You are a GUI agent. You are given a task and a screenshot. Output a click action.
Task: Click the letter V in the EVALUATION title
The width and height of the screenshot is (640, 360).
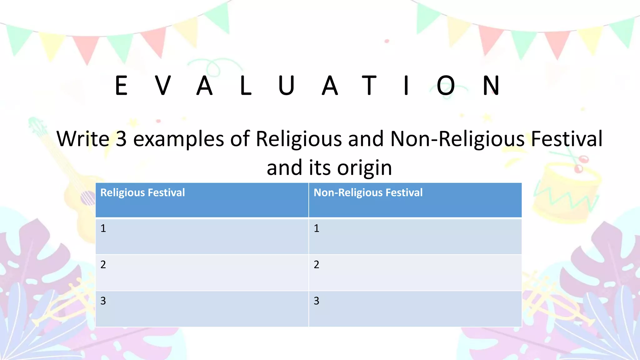point(163,85)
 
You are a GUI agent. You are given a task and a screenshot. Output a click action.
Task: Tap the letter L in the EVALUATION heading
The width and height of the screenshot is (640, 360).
point(246,85)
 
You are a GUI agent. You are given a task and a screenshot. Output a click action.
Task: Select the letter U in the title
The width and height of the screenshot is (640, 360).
point(286,85)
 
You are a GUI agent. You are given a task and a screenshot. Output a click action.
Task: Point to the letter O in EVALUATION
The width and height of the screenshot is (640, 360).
point(445,85)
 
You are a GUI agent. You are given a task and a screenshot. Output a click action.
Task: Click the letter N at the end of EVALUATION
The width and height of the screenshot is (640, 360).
point(491,85)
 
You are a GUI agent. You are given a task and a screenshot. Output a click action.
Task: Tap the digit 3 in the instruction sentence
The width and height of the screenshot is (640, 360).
point(121,139)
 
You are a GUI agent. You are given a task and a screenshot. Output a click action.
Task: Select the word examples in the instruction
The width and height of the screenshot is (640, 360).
point(178,139)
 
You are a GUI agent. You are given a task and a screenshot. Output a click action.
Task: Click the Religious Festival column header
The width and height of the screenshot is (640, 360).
point(142,192)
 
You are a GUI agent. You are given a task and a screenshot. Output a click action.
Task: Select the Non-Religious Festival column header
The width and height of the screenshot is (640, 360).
point(368,192)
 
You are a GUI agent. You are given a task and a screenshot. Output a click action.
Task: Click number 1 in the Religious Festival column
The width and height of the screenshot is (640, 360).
point(103,228)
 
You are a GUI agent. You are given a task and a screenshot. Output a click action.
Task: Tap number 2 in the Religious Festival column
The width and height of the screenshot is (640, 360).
point(103,265)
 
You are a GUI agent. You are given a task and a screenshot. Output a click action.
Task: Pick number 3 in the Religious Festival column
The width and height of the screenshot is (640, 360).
point(103,301)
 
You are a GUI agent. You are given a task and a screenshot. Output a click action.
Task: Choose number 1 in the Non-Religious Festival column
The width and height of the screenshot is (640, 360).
point(317,228)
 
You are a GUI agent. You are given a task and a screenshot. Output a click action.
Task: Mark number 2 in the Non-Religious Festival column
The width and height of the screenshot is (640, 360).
point(317,265)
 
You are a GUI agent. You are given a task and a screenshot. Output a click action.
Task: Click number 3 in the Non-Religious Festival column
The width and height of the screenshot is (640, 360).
point(317,301)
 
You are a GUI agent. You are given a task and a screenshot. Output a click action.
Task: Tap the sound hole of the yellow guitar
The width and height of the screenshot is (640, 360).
point(88,197)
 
